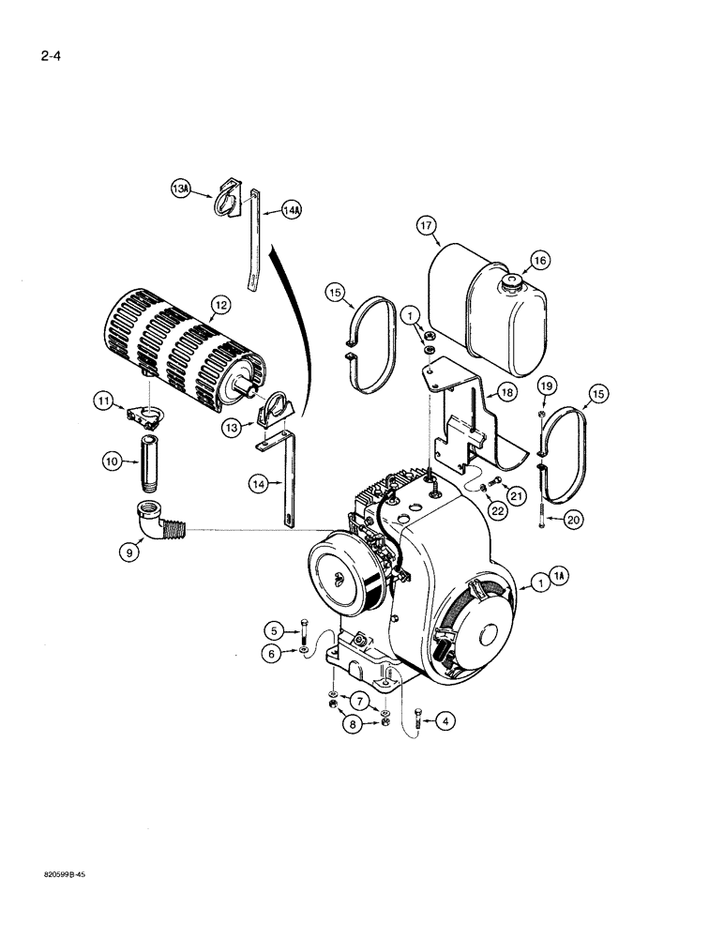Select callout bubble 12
pyautogui.click(x=219, y=304)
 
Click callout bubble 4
pyautogui.click(x=445, y=721)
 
